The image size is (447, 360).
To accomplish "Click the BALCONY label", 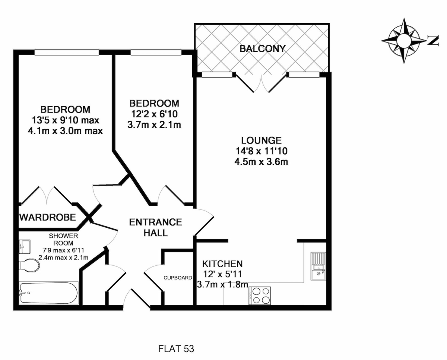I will [263, 48].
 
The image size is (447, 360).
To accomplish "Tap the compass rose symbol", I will [404, 40].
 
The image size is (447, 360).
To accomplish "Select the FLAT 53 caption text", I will [176, 349].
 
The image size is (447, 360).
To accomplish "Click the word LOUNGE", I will [261, 140].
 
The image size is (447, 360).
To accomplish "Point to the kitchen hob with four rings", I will [260, 296].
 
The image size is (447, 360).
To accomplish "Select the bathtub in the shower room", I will [48, 293].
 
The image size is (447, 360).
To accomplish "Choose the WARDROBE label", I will [47, 217].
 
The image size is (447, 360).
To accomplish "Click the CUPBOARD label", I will [178, 278].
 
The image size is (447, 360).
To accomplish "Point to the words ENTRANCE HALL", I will [155, 227].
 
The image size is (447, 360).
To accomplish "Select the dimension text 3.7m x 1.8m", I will [222, 285].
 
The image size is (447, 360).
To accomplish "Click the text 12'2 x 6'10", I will [154, 114].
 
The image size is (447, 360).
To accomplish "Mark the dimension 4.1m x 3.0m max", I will [65, 131].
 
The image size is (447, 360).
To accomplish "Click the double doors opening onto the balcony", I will [262, 83].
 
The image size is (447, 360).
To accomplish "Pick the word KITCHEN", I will [222, 264].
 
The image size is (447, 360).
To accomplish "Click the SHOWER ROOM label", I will [63, 240].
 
